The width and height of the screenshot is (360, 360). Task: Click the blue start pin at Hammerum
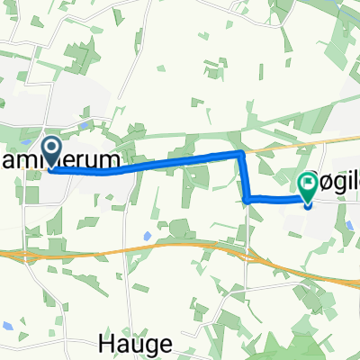pos(50,152)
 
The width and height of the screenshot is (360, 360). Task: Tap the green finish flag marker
pos(308,187)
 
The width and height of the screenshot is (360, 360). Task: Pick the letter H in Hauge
pos(102,343)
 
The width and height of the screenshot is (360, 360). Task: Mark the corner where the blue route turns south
pos(241,156)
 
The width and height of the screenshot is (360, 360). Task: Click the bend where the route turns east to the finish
pos(247,198)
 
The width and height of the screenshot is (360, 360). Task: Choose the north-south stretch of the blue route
pos(244,177)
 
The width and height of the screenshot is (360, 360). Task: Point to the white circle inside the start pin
pos(50,148)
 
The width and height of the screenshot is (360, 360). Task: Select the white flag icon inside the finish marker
pos(308,184)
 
